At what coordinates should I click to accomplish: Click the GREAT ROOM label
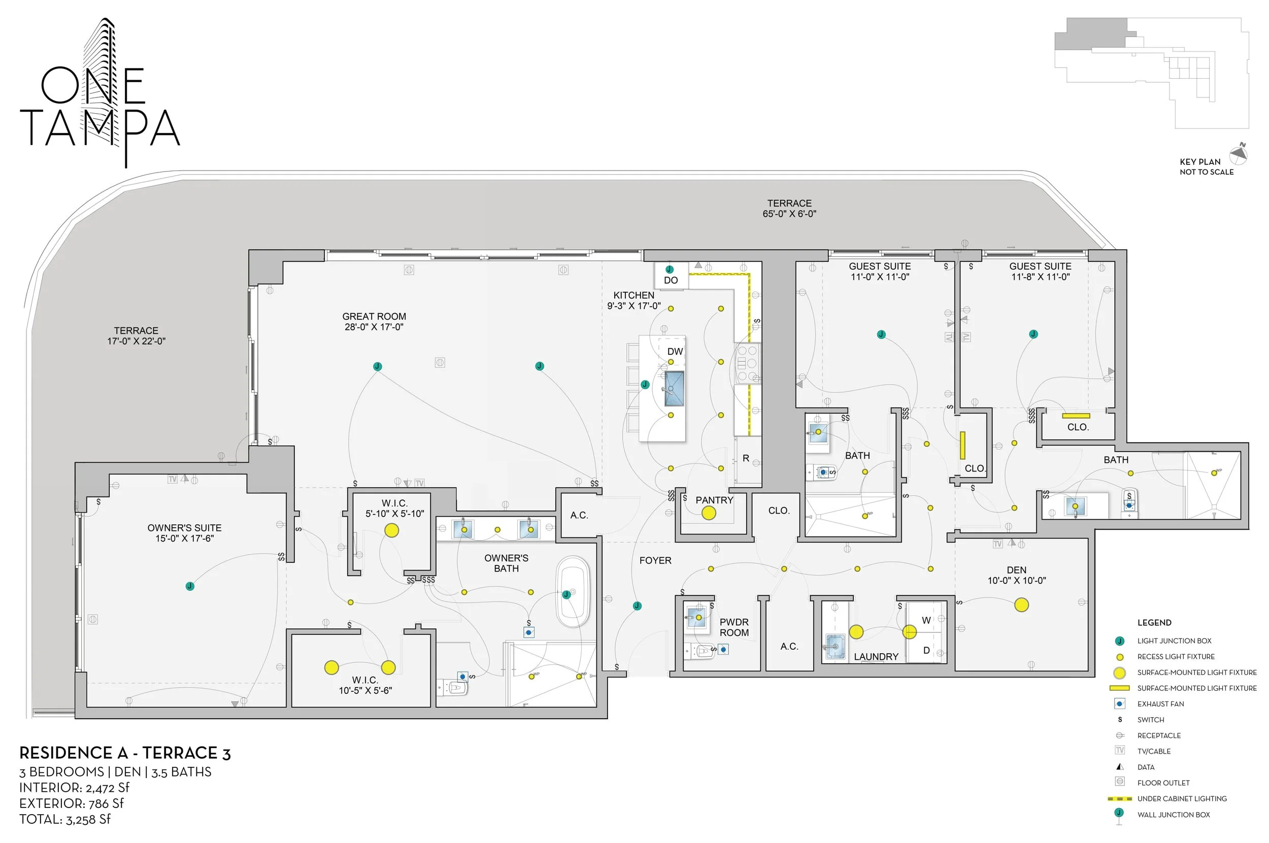pos(374,321)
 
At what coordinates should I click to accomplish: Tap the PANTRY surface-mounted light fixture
pos(708,513)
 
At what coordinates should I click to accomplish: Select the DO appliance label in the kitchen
pos(671,280)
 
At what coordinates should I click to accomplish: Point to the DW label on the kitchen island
pos(675,352)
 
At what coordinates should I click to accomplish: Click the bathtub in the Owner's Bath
pos(573,592)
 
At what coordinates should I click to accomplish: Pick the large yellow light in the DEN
pos(1021,605)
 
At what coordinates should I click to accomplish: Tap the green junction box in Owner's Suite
pos(190,586)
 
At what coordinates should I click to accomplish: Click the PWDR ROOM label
pos(733,627)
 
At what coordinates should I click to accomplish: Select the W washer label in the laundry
pos(926,620)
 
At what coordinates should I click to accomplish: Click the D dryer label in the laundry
pos(926,651)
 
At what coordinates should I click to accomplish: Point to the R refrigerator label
pos(745,459)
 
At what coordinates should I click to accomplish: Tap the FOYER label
pos(655,560)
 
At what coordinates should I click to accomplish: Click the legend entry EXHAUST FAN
pos(1160,704)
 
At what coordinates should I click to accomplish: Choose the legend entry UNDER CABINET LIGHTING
pos(1181,798)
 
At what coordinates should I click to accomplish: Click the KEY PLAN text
pos(1199,162)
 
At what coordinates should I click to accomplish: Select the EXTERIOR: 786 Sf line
pos(72,803)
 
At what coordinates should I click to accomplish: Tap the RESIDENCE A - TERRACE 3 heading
pos(125,753)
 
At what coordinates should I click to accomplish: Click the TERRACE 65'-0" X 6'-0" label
pos(789,209)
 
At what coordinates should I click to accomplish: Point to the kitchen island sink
pos(674,388)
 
